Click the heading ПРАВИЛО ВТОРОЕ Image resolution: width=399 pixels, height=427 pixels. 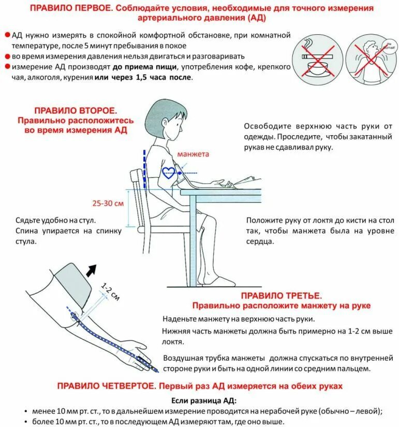point(76,111)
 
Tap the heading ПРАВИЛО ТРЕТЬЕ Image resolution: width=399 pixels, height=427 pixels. point(281,296)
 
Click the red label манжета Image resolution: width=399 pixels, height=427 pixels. point(193,154)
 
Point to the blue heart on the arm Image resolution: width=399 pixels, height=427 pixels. point(169,172)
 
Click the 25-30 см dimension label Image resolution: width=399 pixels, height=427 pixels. point(109,203)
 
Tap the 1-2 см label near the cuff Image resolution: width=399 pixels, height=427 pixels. point(110,291)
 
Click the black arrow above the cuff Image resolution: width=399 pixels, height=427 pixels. point(92,269)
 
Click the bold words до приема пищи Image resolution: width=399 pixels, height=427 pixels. point(145,67)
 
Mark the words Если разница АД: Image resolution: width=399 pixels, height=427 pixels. point(203,401)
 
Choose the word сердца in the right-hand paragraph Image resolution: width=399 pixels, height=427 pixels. point(260,241)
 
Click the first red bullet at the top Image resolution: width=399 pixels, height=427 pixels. point(7,35)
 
